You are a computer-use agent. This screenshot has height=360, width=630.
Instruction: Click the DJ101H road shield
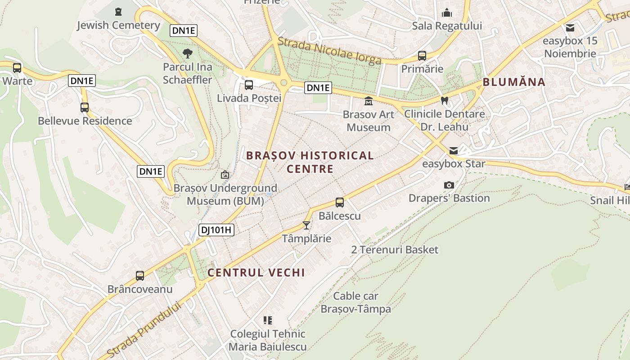(x=216, y=230)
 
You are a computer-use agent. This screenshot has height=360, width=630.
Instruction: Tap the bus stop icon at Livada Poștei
(x=248, y=85)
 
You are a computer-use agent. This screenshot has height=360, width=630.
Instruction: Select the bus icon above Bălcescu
(x=340, y=202)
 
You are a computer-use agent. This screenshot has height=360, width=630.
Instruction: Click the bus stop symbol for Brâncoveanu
(x=140, y=275)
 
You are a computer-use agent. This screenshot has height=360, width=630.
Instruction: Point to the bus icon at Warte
(x=17, y=68)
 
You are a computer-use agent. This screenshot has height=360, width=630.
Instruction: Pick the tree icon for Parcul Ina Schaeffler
(x=188, y=54)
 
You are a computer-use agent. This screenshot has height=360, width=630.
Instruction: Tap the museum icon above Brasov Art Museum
(x=369, y=101)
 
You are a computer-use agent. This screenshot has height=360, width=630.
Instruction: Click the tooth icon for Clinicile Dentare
(x=445, y=101)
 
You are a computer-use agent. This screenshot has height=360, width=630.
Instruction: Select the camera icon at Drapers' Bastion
(x=449, y=185)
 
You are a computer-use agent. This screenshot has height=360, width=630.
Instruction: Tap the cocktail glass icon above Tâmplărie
(x=306, y=225)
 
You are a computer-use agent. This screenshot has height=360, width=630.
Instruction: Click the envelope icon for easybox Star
(x=454, y=150)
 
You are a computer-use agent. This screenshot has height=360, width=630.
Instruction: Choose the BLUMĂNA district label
(x=514, y=82)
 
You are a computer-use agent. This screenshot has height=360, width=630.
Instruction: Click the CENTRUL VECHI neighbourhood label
(x=256, y=272)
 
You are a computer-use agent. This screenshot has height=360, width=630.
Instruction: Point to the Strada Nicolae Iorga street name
(x=329, y=51)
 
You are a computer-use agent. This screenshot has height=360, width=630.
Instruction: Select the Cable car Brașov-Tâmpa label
(x=355, y=302)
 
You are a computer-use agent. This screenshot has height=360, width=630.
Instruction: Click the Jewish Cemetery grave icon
(x=118, y=11)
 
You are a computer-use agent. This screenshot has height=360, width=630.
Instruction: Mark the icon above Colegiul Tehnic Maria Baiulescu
(x=268, y=320)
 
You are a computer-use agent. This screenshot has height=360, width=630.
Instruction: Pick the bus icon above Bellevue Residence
(x=85, y=108)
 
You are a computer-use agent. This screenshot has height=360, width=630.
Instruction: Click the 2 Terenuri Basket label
(x=395, y=250)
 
